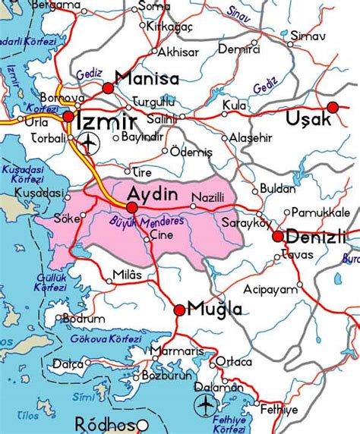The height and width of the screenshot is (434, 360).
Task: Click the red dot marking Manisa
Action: [x=107, y=88]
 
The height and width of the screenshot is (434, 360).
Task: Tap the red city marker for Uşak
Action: [x=333, y=107]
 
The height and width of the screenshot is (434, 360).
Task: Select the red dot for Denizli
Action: [x=278, y=237]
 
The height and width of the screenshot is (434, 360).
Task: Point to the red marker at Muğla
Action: [x=179, y=310]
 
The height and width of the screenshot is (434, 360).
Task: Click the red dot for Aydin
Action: [x=132, y=206]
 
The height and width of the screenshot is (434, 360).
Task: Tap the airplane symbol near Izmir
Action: [x=90, y=141]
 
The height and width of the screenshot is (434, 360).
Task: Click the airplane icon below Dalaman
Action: [x=205, y=405]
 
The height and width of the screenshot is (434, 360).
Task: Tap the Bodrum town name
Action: [x=84, y=319]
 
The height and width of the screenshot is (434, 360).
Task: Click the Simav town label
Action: [x=311, y=36]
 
